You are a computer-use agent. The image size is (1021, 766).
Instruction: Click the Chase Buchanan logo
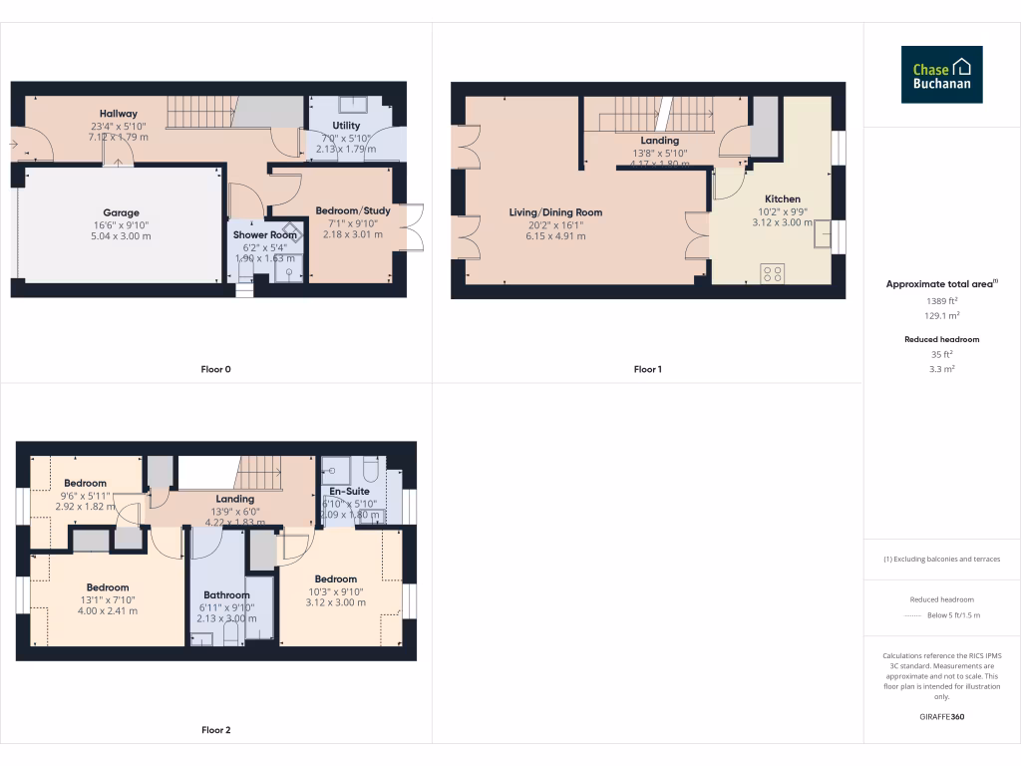[941, 75]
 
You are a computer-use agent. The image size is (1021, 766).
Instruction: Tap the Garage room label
[121, 212]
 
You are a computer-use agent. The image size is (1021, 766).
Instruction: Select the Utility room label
[346, 126]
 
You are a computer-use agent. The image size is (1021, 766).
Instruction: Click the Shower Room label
[265, 235]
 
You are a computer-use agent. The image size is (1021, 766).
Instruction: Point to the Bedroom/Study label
[353, 210]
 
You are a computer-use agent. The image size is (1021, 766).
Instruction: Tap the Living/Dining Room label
[555, 212]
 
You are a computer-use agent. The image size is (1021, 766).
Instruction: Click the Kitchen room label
[783, 198]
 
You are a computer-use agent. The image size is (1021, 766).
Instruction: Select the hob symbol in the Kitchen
[772, 272]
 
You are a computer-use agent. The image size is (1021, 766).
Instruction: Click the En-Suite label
[349, 491]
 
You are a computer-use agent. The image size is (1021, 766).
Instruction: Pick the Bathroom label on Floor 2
[226, 594]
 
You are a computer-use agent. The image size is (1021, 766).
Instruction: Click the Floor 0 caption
[215, 369]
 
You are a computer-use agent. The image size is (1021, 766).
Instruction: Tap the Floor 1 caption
[647, 369]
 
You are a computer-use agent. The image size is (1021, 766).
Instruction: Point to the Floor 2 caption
[215, 730]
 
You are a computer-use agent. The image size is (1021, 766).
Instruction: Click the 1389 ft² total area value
[941, 300]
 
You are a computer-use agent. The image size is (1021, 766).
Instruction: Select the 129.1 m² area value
[941, 315]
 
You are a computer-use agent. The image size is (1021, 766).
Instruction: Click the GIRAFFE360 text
[941, 717]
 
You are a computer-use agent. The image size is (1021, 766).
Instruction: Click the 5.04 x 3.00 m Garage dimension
[121, 236]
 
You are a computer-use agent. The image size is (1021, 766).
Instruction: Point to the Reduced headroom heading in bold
[941, 339]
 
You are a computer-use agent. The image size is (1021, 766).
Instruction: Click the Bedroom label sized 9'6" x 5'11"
[85, 483]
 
